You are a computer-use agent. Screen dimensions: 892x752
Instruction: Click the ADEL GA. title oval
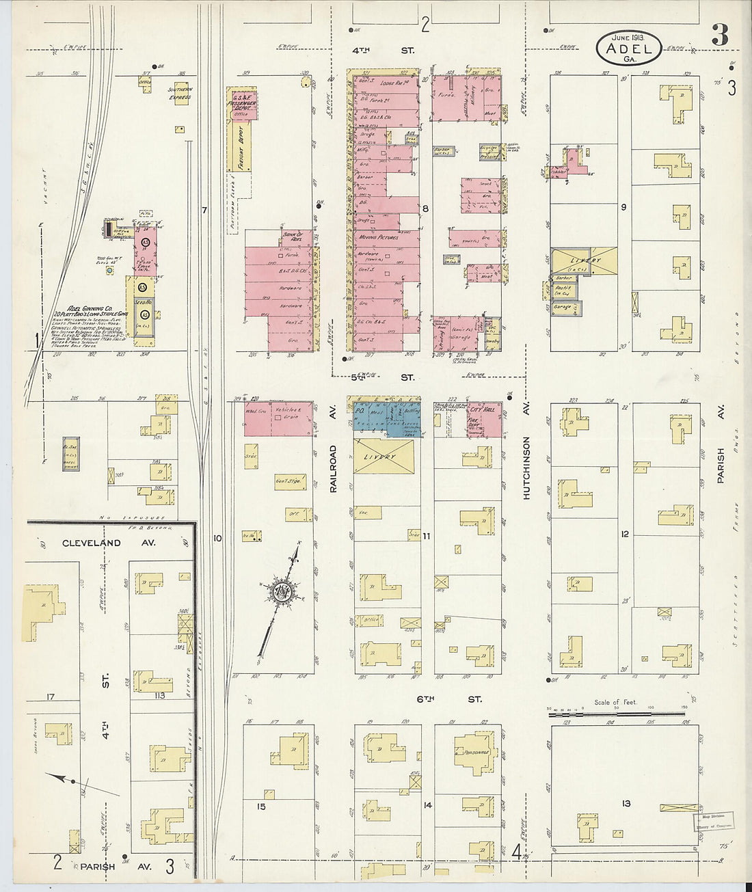[629, 47]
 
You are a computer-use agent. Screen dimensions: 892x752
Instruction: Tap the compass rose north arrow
[281, 592]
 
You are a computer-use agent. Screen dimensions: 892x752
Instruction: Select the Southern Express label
[180, 93]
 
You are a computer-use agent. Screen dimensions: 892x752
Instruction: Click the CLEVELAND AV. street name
[91, 543]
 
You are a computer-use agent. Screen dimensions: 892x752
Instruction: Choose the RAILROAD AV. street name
[334, 469]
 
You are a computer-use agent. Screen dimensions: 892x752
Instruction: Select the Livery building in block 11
[384, 456]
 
